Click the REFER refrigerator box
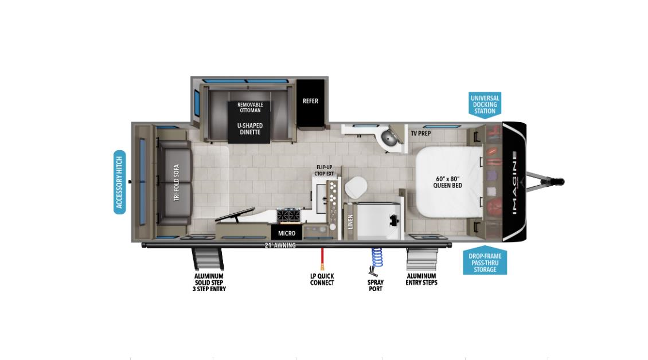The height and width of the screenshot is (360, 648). (310, 102)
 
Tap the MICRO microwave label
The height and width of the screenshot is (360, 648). (287, 233)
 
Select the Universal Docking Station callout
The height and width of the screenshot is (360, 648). (485, 104)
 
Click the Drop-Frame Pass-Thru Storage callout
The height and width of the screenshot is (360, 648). (485, 263)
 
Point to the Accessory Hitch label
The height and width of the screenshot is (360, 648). (119, 182)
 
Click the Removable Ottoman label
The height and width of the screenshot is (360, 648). (250, 107)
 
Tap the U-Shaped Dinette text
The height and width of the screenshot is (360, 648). (250, 128)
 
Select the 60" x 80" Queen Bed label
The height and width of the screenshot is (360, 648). (447, 182)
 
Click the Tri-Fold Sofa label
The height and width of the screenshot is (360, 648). (177, 182)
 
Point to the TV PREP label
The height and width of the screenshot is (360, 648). (420, 133)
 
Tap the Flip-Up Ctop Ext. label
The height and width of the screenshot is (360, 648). (324, 170)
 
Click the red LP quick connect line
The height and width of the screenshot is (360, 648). (323, 257)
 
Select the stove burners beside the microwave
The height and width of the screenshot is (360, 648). (288, 215)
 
